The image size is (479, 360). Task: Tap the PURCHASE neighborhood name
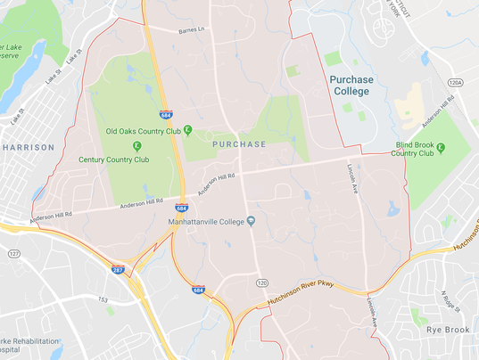[x=239, y=143]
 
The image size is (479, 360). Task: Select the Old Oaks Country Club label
[x=143, y=131]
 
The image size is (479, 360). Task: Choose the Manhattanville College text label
[x=206, y=220]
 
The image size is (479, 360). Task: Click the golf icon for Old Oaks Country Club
[x=188, y=131]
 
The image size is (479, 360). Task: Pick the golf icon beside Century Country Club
[x=136, y=145]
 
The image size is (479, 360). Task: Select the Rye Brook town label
[x=448, y=329]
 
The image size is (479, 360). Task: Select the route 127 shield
[x=14, y=254]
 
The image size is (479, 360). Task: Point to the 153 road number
[x=103, y=299]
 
